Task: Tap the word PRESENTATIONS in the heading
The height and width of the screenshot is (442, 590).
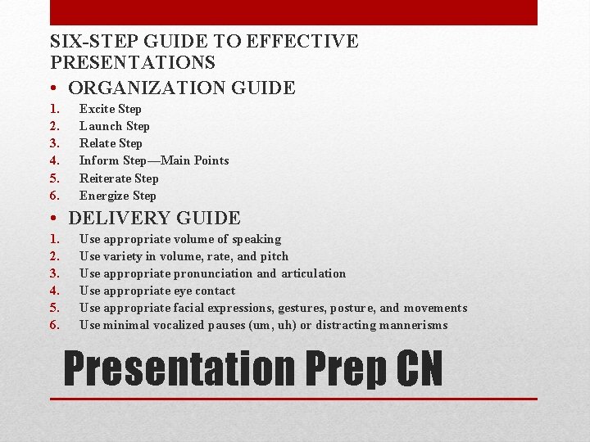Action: pos(133,62)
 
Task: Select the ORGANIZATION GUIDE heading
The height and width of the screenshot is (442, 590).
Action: pos(182,87)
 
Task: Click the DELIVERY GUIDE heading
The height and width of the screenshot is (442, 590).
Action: pos(155,218)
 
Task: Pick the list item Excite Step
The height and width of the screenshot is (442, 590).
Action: pos(111,109)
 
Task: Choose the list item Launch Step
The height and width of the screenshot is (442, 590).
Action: pos(115,126)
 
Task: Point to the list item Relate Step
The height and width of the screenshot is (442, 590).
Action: pos(111,143)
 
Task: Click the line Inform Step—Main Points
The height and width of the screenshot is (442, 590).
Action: pos(154,160)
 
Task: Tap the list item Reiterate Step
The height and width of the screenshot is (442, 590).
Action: pos(119,178)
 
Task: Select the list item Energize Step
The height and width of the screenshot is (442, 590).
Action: pos(118,196)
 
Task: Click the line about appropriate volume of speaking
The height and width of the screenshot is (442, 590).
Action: pos(180,239)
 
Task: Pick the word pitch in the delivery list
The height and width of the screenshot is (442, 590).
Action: pos(274,256)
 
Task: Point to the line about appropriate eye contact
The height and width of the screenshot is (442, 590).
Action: pos(157,291)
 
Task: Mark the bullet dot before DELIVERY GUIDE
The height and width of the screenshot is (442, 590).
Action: pos(53,219)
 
